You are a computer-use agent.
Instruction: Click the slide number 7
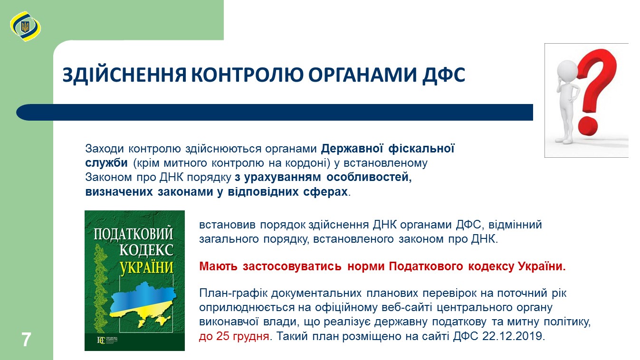coord(26,340)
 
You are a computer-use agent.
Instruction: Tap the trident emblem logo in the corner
coord(25,27)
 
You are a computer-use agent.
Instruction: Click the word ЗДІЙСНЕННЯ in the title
coord(124,75)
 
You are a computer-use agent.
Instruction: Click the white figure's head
coord(567,70)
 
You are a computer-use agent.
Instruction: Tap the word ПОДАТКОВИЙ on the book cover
coord(134,234)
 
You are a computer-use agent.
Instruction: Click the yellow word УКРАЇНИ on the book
coord(146,267)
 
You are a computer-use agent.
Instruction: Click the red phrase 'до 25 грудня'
coord(234,336)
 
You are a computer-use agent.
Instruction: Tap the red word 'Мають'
coord(218,266)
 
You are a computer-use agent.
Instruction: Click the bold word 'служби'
coord(106,163)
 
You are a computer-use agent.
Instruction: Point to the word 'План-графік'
coord(233,293)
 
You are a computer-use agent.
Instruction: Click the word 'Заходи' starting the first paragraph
coord(104,149)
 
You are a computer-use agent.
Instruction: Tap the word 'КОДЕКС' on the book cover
coord(146,250)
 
